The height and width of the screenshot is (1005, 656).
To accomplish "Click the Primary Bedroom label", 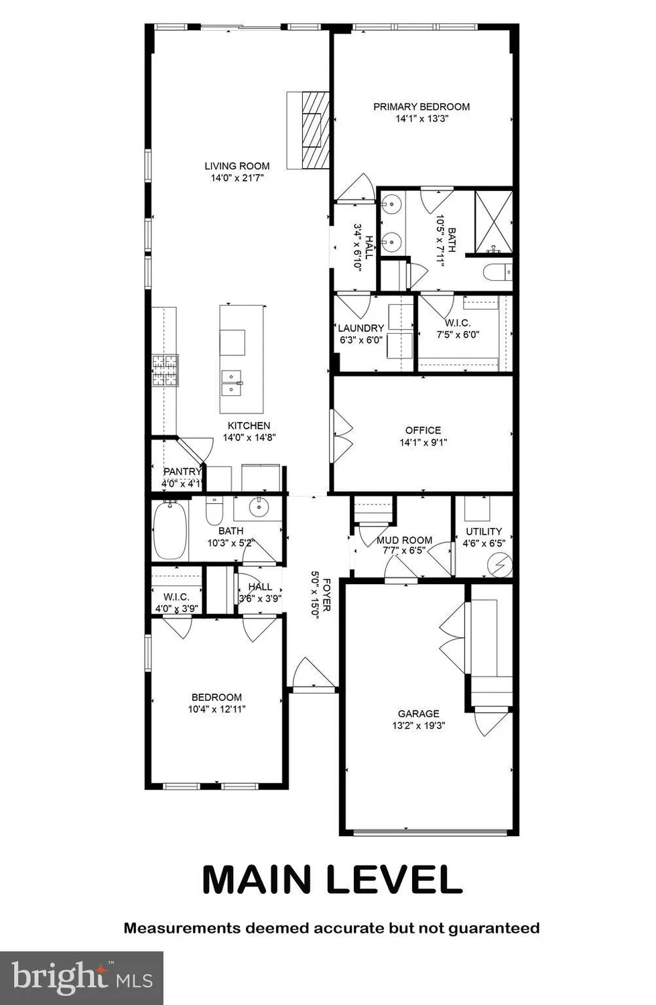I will coord(421,107).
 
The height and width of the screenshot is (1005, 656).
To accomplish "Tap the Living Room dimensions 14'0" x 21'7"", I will coord(237,178).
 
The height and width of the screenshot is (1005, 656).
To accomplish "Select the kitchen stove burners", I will coord(165,371).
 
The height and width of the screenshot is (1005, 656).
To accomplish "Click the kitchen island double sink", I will coord(232,383).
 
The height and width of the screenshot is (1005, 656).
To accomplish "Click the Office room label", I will coord(423,430).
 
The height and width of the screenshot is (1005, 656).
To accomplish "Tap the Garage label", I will coord(419,714).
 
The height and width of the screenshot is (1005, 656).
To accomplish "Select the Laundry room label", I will coord(360,328).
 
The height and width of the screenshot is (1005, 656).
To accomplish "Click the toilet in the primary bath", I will coord(497,272).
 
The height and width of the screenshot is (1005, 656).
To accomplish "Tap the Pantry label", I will coord(182,472).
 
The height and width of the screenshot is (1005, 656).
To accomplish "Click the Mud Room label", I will coord(404,540).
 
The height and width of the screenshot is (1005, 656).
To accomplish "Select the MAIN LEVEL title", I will coord(332,880).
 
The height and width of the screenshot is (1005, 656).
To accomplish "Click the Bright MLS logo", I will coord(82,978).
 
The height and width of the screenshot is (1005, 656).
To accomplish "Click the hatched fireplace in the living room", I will coord(315,130).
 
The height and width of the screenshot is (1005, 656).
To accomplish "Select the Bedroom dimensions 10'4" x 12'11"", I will coord(216,709).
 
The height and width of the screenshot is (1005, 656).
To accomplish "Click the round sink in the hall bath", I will coord(258,508).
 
